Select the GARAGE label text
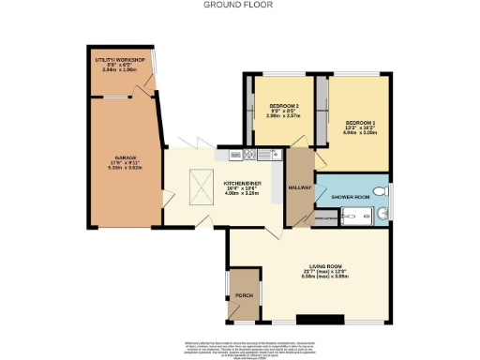pos(126,157)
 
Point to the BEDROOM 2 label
pos(283,105)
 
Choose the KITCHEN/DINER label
pos(241,183)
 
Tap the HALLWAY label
pos(300,187)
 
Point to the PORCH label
pos(244,296)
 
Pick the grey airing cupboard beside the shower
pos(325,217)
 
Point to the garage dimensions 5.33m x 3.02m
pos(126,169)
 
